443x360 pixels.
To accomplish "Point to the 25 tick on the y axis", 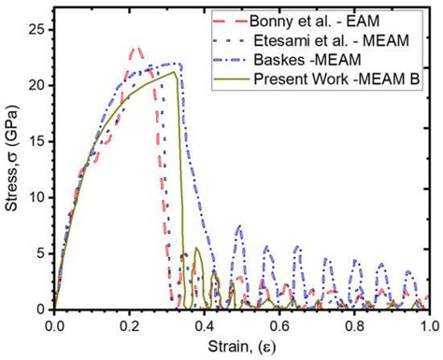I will tap(35, 30).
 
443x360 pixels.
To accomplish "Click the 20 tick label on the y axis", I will tap(35, 86).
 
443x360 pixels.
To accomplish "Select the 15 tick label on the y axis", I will tap(35, 142).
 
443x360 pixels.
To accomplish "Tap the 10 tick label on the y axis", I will tap(35, 197).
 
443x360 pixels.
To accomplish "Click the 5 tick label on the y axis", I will tap(38, 253).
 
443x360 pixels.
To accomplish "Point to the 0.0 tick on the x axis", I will tap(54, 325).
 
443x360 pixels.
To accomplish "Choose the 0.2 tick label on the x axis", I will tap(129, 325).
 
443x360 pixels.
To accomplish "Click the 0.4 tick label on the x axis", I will tap(205, 325).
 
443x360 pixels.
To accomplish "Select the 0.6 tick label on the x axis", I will tap(279, 325).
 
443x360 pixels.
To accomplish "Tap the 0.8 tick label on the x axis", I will tap(354, 325).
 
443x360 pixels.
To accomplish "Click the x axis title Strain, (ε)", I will tap(241, 347).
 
